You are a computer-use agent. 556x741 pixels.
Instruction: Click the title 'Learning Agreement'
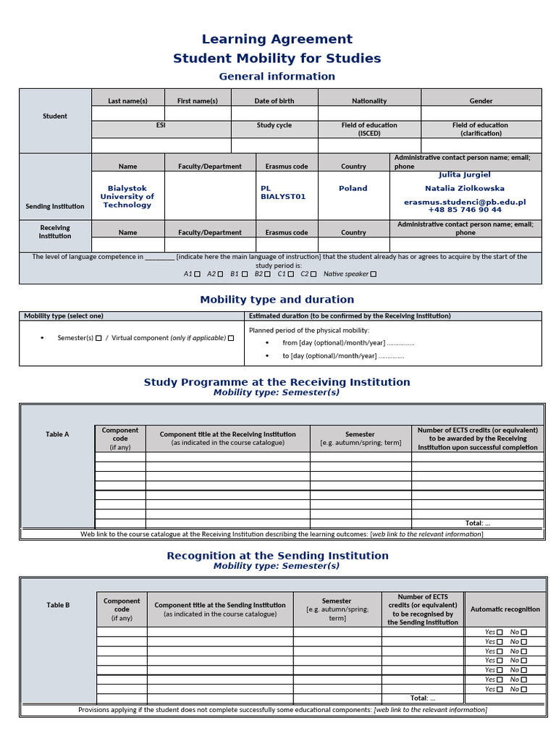coord(277,39)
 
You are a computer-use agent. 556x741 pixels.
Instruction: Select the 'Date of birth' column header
coord(274,101)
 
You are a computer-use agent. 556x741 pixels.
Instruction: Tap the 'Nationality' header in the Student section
coord(369,101)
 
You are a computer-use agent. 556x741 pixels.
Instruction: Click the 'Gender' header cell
coord(481,101)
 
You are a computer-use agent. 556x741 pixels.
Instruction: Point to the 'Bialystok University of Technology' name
coord(127,197)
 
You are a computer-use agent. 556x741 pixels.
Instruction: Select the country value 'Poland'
coord(353,188)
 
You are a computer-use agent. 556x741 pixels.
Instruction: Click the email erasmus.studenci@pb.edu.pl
coord(465,203)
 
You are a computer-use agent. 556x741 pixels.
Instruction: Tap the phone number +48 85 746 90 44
coord(465,210)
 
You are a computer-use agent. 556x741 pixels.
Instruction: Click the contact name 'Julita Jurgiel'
coord(465,174)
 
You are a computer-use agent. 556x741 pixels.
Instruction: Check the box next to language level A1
coord(198,274)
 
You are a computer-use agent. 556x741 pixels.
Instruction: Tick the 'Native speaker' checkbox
coord(374,274)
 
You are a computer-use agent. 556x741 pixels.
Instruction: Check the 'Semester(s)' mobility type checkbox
coord(99,338)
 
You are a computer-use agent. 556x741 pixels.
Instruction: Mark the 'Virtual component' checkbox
coord(231,338)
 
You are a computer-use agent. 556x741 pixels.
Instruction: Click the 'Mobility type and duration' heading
coord(277,300)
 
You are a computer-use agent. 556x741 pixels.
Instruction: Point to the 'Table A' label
coord(57,434)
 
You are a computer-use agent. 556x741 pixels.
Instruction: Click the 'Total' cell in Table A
coord(477,523)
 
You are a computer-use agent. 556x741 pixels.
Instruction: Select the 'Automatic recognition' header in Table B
coord(505,609)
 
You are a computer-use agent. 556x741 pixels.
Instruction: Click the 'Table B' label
coord(58,605)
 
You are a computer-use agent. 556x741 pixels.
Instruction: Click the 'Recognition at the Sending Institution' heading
coord(277,556)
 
